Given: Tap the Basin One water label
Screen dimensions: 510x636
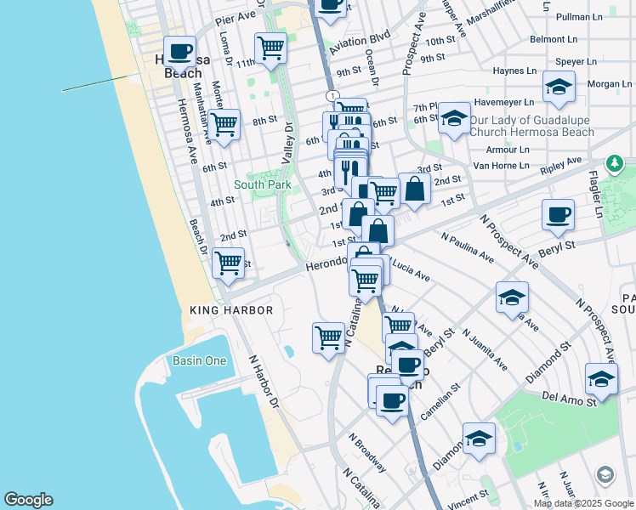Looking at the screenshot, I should [x=200, y=360].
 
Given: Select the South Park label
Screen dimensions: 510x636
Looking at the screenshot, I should [x=263, y=184].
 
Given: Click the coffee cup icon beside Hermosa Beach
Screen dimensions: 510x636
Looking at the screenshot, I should [x=180, y=52].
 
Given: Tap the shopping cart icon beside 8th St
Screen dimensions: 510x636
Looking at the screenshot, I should [x=224, y=124].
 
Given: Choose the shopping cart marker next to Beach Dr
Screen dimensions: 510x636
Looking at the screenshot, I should [x=228, y=263].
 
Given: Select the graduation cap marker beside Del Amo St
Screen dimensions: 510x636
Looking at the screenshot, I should [x=601, y=379].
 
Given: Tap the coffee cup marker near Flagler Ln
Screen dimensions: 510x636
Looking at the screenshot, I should [x=559, y=215].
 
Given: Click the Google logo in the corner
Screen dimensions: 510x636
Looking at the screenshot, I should [x=28, y=500].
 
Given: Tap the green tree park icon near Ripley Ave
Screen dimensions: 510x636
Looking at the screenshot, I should [x=614, y=163].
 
